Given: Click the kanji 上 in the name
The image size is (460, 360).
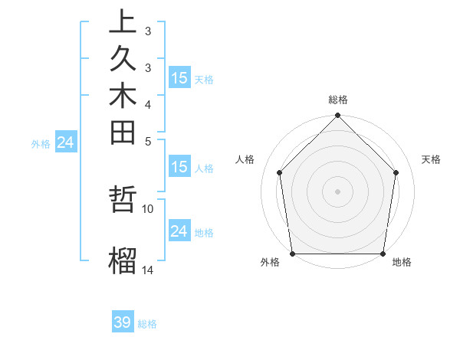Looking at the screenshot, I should [x=123, y=21].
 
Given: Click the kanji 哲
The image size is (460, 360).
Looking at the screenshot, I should [x=123, y=202].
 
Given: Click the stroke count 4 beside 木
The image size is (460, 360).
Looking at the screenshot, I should [x=148, y=103].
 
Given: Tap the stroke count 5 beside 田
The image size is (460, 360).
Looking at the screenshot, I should [x=148, y=140].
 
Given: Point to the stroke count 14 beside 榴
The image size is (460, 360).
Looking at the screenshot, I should [x=148, y=270].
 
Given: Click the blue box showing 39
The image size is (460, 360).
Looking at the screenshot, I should [x=123, y=322].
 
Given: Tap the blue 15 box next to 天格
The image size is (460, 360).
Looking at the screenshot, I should [x=179, y=78].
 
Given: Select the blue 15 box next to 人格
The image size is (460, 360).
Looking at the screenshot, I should [x=179, y=168].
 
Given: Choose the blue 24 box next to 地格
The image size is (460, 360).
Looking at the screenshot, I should [x=179, y=231].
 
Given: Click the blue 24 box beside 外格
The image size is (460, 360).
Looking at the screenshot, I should [x=66, y=142].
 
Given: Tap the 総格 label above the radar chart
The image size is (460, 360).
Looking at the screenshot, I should [x=338, y=100].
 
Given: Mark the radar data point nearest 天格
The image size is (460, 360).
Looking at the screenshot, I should [x=396, y=172].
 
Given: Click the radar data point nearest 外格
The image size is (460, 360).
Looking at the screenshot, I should [x=293, y=254].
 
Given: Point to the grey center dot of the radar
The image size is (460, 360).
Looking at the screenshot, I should [x=338, y=191].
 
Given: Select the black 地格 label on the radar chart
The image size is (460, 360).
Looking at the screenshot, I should [x=402, y=263].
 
